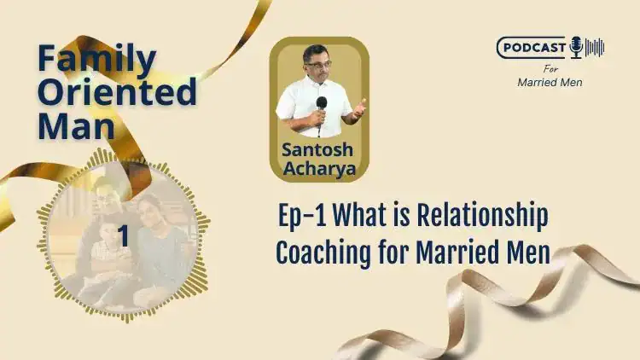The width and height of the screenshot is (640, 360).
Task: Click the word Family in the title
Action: (97, 60)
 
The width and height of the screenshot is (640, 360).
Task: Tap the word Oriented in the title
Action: (117, 90)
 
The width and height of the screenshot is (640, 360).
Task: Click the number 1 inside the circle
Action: (123, 235)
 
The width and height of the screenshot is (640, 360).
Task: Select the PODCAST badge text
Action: (534, 48)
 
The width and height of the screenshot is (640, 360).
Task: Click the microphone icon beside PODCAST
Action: (576, 47)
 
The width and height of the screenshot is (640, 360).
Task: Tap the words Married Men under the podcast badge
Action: (550, 82)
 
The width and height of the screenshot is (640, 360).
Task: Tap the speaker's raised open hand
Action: (359, 108)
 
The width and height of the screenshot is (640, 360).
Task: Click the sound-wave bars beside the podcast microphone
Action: (595, 47)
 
